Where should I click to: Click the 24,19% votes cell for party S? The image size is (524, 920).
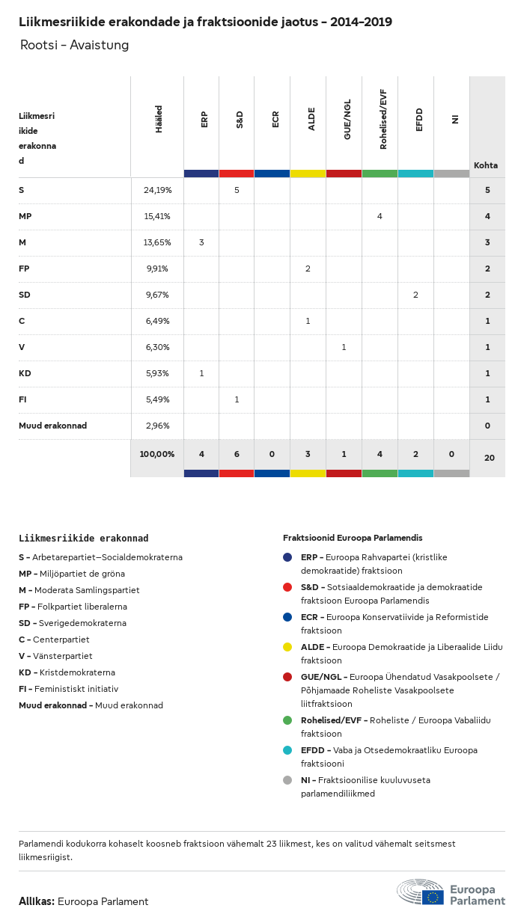[x=158, y=190]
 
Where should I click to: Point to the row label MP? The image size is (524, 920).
[x=25, y=216]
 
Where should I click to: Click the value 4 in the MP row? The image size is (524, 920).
[x=380, y=216]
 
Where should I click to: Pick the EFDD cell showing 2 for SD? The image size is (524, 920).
[x=415, y=295]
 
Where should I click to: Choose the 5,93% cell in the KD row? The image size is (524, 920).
[x=158, y=373]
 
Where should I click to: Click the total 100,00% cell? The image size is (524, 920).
[x=157, y=454]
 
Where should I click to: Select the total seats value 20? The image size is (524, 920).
[x=489, y=457]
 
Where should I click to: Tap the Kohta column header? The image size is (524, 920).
[x=486, y=165]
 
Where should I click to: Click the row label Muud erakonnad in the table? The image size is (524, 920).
[x=52, y=426]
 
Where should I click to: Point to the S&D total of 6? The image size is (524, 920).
[x=237, y=454]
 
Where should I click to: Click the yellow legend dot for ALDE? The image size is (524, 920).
[x=287, y=647]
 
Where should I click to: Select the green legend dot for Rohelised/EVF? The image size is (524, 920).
[x=287, y=720]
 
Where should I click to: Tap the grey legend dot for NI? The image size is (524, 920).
[x=287, y=780]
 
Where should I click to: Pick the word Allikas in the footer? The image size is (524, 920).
[x=36, y=901]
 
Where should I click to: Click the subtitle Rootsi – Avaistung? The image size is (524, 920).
[x=74, y=45]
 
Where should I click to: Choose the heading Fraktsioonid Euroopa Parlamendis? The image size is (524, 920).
[x=353, y=538]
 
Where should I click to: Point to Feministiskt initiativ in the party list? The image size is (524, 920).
[x=76, y=689]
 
